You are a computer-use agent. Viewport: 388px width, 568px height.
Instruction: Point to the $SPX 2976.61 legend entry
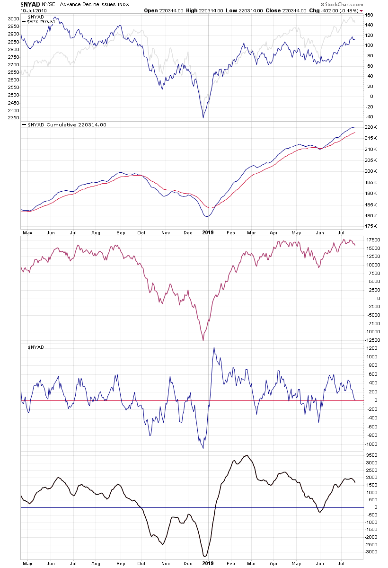point(42,22)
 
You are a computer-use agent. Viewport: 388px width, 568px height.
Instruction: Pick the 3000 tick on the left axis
point(13,19)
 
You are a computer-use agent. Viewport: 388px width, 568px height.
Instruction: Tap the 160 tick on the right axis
point(369,15)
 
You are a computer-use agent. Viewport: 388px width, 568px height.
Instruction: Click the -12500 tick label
point(373,340)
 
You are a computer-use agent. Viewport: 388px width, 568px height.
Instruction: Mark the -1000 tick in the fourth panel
point(371,444)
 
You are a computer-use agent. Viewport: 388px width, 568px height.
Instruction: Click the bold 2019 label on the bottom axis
point(208,563)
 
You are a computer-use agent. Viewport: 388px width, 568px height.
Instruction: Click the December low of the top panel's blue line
point(203,117)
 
